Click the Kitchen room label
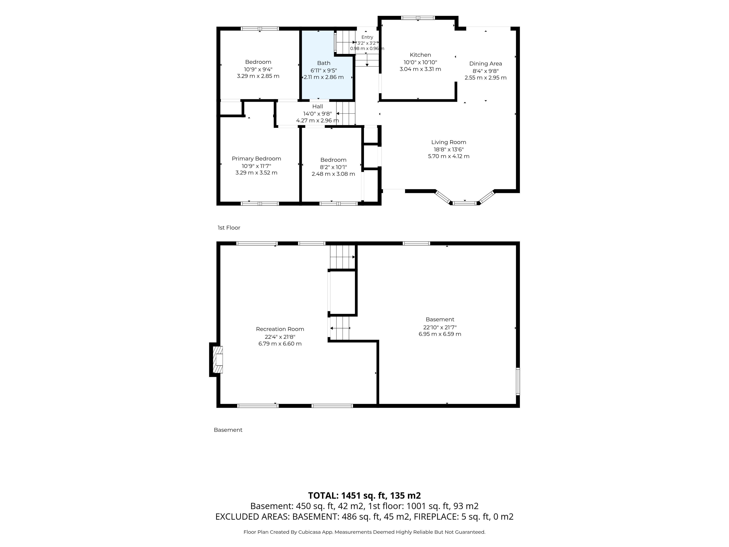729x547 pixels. [420, 55]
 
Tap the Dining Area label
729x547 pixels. [485, 64]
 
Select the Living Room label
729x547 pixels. [449, 142]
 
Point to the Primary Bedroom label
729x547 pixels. [256, 159]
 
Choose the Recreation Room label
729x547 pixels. [280, 329]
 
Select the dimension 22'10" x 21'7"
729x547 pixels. [440, 327]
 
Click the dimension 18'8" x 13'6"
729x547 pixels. [449, 149]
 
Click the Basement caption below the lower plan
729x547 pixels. [228, 430]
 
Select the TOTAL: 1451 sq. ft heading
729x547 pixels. [364, 496]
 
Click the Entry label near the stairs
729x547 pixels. [367, 37]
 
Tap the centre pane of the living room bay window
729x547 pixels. [465, 203]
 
